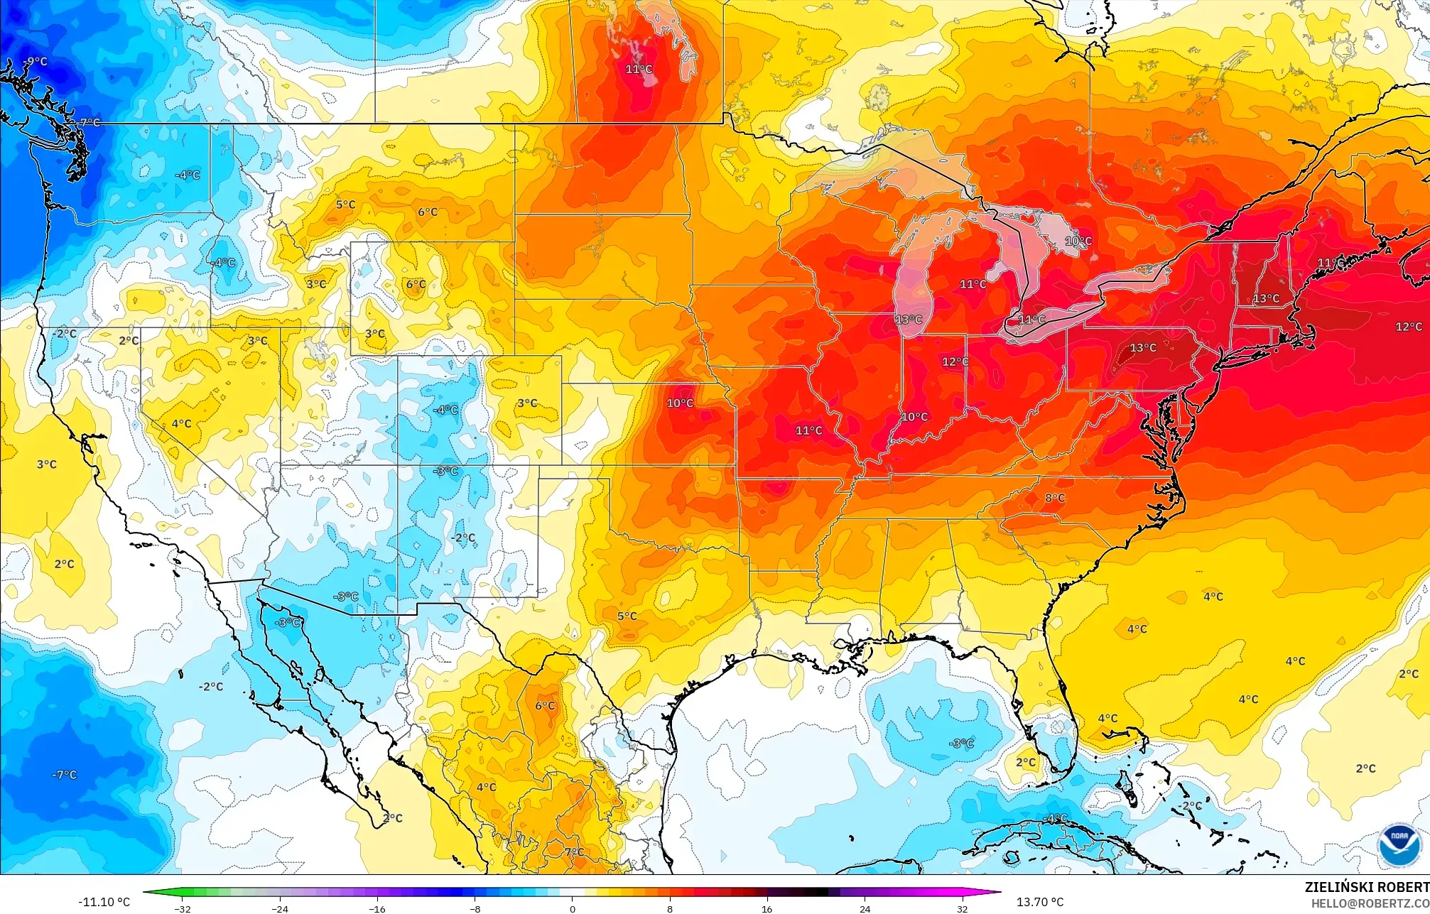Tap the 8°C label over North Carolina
[x=1055, y=498]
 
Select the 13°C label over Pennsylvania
[x=1143, y=347]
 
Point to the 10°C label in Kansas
[x=680, y=403]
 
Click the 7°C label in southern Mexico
[x=574, y=852]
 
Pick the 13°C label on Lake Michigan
[x=909, y=320]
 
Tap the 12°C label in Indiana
[x=955, y=361]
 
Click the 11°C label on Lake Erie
[x=1031, y=320]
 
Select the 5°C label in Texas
[x=627, y=616]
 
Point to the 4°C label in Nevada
[x=181, y=424]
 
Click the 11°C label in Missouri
[x=808, y=430]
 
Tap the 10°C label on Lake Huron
[x=1078, y=241]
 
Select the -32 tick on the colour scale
[x=183, y=908]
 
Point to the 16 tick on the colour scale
[x=767, y=908]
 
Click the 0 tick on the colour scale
[x=573, y=908]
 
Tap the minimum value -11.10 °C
[x=104, y=902]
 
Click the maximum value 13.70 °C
[x=1040, y=902]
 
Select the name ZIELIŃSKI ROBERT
[x=1366, y=887]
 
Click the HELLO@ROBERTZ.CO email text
[x=1370, y=903]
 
